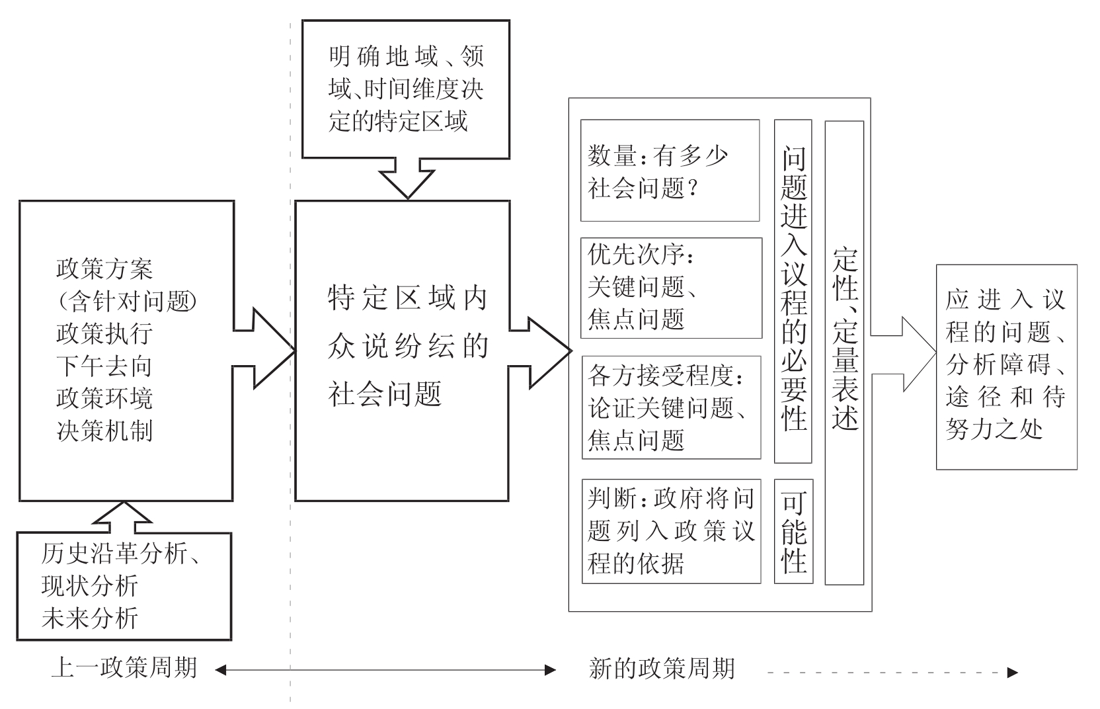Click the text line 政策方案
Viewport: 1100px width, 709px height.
pos(104,269)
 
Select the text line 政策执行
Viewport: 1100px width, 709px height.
pos(104,334)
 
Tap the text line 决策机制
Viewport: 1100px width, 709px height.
pos(104,431)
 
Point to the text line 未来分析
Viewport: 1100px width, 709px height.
pos(89,618)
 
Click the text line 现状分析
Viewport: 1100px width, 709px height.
pos(89,585)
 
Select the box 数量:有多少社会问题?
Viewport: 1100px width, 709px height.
pos(670,171)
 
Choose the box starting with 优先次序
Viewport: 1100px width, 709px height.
pos(671,288)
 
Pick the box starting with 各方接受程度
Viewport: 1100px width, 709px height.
pos(671,407)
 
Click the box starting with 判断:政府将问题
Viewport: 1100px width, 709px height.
pos(671,531)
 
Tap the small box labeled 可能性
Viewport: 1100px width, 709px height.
pos(793,532)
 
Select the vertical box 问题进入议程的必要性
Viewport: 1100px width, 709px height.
pos(793,291)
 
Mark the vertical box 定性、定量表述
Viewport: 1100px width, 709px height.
pos(844,353)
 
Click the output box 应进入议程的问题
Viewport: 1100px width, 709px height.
pos(1006,367)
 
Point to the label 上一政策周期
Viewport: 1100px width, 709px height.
pos(124,668)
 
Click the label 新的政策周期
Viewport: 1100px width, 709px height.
pos(661,669)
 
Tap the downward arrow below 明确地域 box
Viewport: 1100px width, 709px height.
pos(407,177)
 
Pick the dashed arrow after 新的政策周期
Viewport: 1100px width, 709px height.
pos(892,672)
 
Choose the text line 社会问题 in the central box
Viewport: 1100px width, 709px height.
pos(385,395)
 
